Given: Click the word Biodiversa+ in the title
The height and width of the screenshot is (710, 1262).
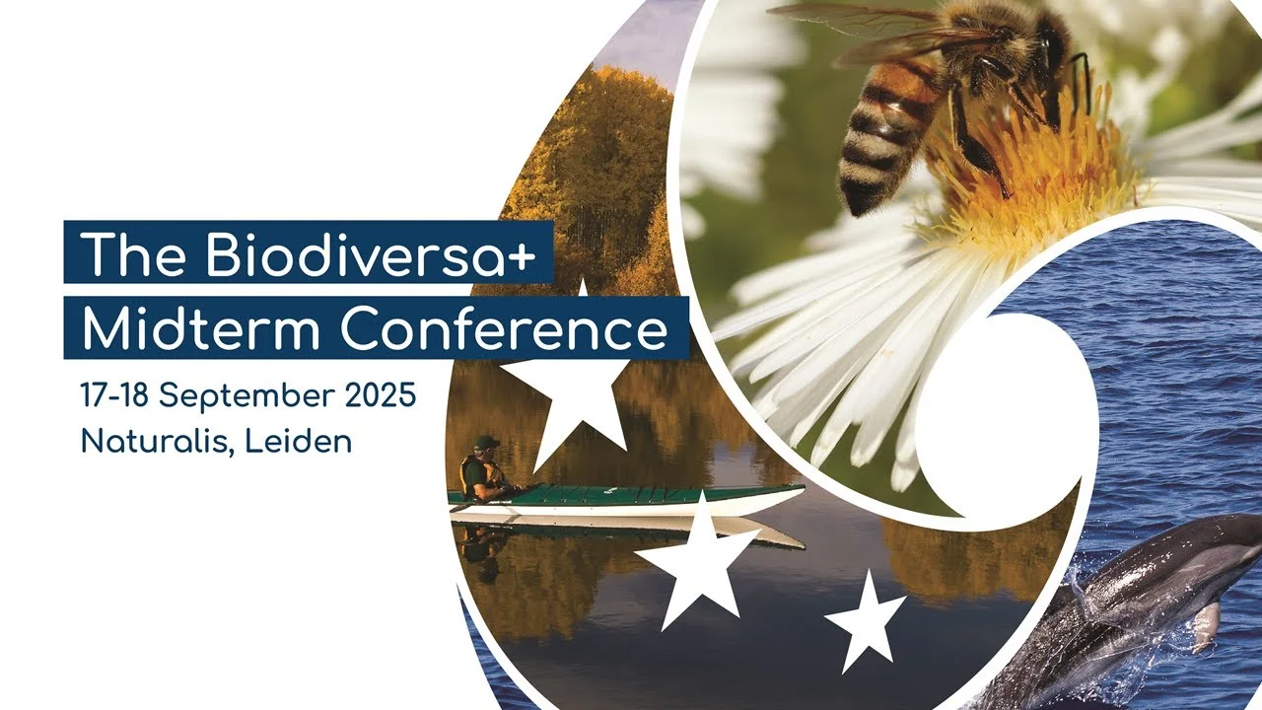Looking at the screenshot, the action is click(x=371, y=253).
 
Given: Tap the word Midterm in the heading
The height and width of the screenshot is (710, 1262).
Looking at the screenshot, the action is click(x=201, y=328).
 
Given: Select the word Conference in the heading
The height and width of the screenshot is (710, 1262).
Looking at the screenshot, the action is click(x=504, y=328).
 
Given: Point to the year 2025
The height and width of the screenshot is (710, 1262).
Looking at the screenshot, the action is click(x=381, y=395).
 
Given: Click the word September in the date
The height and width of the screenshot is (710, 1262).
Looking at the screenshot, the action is click(x=246, y=397).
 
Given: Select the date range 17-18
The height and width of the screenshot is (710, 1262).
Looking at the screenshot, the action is click(x=114, y=395).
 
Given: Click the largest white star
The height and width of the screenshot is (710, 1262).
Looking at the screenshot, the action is click(x=569, y=394).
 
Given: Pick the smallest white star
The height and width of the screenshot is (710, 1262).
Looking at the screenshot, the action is click(x=866, y=622).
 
